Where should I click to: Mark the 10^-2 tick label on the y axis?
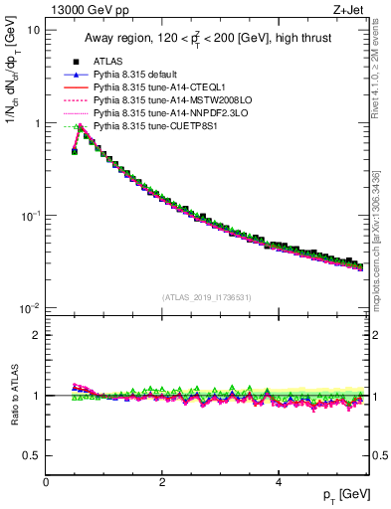pos(31,308)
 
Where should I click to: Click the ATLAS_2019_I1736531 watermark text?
pos(207,298)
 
